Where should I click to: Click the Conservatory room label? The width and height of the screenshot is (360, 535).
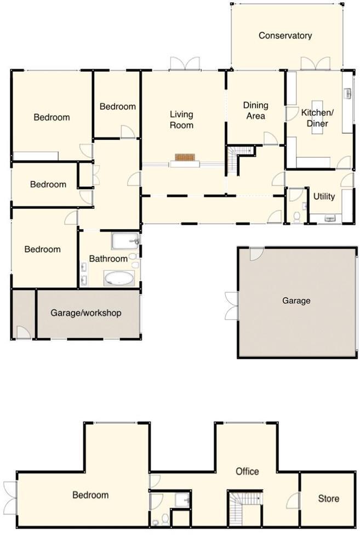(285, 36)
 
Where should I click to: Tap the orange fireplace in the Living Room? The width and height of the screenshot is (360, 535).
(185, 158)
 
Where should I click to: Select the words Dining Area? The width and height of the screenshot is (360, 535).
(255, 110)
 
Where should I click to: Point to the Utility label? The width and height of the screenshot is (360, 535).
(324, 196)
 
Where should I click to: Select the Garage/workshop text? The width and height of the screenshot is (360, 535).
(86, 313)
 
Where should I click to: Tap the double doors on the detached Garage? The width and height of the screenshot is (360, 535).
(231, 305)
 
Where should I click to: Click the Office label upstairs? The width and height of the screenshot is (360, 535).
(247, 471)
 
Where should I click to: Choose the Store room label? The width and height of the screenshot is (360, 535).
(328, 498)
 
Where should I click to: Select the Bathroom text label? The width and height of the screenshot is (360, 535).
(108, 258)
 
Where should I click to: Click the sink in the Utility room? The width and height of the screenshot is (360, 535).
(330, 218)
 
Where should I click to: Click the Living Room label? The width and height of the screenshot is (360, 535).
(181, 119)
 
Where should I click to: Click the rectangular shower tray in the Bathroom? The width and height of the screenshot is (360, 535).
(125, 241)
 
